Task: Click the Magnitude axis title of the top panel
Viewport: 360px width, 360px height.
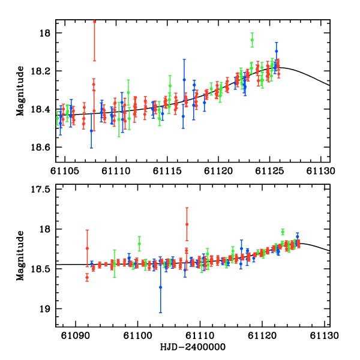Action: [21, 91]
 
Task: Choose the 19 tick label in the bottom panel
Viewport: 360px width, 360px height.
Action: [48, 309]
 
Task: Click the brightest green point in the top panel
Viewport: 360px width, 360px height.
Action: [252, 40]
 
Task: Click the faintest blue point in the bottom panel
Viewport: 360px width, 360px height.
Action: [160, 287]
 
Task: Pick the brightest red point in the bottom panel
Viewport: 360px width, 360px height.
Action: [187, 224]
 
